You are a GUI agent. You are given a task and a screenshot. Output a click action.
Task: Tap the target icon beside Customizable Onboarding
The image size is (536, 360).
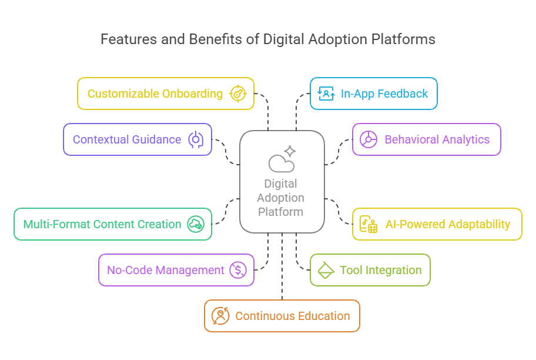[x=237, y=94]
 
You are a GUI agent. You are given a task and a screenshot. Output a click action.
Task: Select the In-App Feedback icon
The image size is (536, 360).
[x=326, y=94]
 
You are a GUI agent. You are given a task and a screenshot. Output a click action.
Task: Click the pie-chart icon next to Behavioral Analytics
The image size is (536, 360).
[x=369, y=139]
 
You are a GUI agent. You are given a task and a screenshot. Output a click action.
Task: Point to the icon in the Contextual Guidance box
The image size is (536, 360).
[x=196, y=139]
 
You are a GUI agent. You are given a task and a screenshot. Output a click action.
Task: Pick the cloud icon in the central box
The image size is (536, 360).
[x=281, y=163]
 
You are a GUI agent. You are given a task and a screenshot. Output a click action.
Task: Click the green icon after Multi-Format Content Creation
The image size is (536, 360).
[x=196, y=224]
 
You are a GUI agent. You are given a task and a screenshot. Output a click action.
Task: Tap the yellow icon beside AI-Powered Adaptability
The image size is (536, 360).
[x=369, y=224]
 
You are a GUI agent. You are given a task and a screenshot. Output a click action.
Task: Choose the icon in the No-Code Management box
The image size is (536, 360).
[x=238, y=270]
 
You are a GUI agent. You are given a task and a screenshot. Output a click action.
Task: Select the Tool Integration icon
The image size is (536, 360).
[x=326, y=270]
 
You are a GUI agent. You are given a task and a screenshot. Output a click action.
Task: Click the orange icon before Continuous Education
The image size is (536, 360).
[x=220, y=316]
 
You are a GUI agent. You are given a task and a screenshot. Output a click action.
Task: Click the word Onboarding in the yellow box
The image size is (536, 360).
[x=193, y=94]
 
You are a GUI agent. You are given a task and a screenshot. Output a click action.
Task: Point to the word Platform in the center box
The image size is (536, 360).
[x=281, y=212]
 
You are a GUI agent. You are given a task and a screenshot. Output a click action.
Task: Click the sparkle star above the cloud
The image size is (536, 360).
[x=289, y=151]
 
